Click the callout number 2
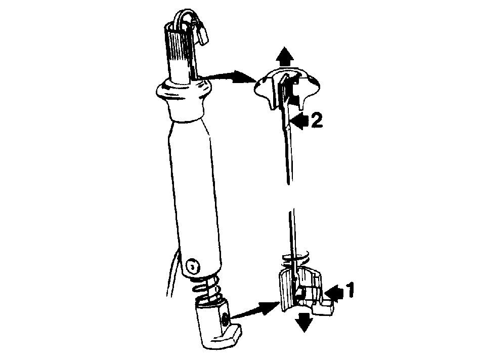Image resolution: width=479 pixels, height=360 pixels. pyautogui.click(x=317, y=120)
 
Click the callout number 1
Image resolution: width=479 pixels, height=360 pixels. pyautogui.click(x=350, y=290)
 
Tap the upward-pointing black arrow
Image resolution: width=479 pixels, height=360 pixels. pyautogui.click(x=284, y=56)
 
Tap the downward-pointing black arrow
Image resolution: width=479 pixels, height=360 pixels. pyautogui.click(x=304, y=323)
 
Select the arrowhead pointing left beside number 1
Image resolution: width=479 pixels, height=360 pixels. pyautogui.click(x=334, y=291)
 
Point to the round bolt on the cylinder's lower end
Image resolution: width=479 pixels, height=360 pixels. pyautogui.click(x=192, y=266)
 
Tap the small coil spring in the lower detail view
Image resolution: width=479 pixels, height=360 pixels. pyautogui.click(x=296, y=259)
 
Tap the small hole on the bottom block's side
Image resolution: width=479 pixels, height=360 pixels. pyautogui.click(x=226, y=319)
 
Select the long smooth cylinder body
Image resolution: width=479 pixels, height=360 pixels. pyautogui.click(x=195, y=196)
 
